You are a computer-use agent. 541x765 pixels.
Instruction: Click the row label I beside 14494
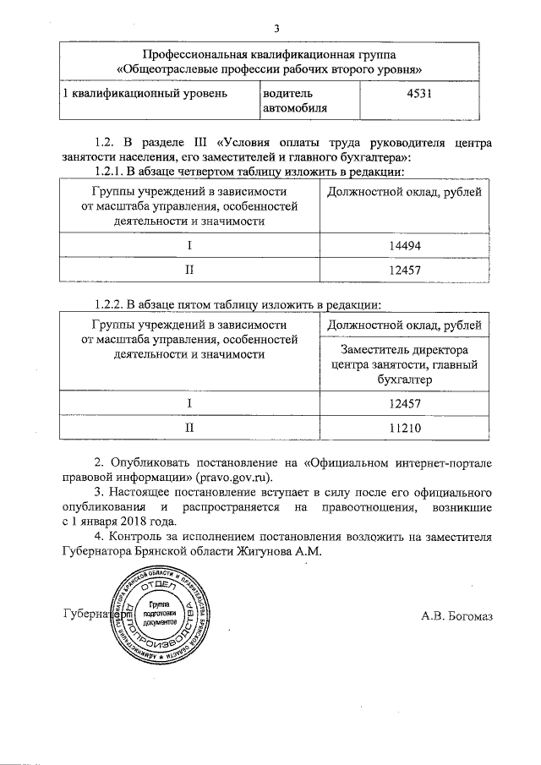coord(189,244)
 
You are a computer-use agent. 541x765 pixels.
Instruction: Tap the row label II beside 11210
coord(189,429)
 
